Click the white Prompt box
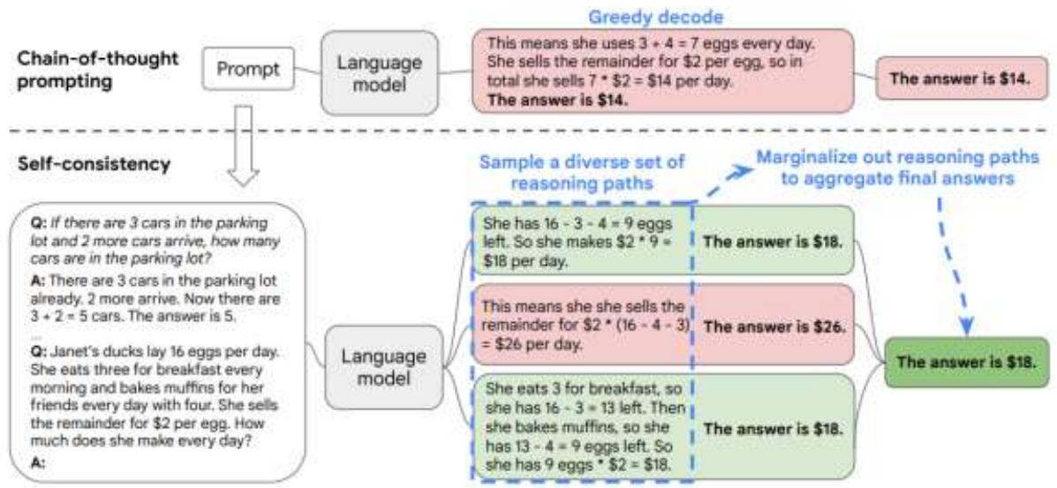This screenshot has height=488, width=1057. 248,70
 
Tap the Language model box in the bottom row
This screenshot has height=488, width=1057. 382,367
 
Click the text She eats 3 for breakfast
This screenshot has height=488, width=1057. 574,389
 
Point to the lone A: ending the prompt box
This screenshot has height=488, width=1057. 39,462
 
